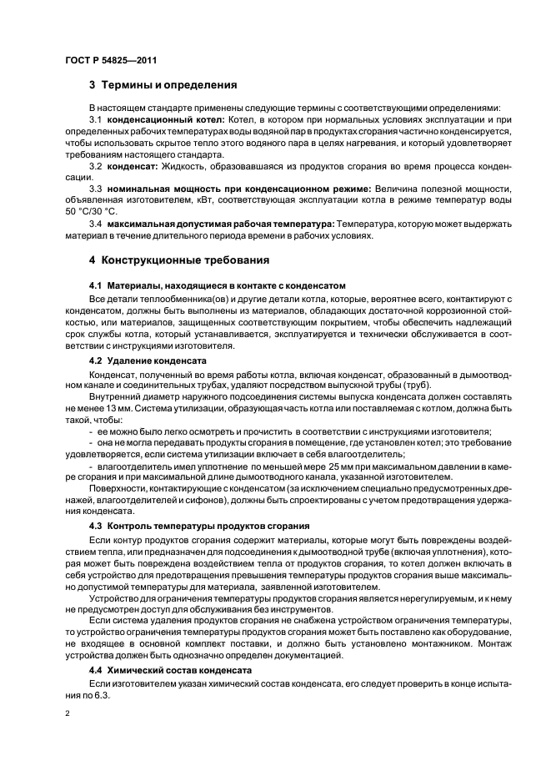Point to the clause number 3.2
[95, 167]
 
